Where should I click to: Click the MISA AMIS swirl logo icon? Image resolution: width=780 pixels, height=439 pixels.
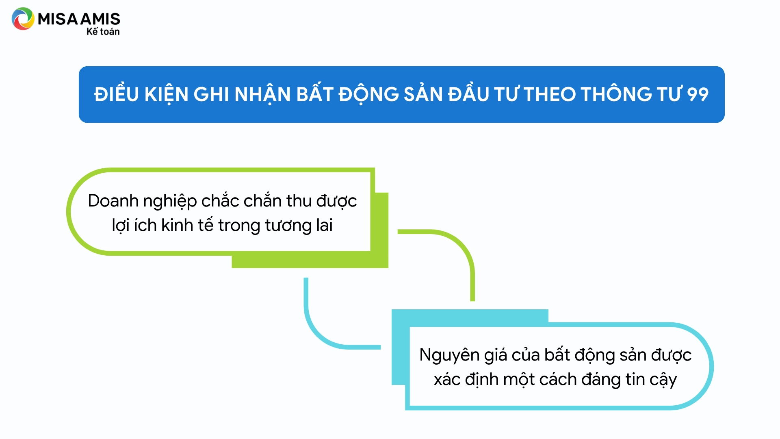point(23,19)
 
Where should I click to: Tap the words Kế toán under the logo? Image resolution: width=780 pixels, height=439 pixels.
point(103,32)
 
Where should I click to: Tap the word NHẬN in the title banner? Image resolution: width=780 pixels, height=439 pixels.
point(262,94)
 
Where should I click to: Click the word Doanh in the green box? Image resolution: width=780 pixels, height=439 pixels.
point(113,201)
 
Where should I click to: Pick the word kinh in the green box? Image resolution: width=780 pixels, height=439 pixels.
point(177,225)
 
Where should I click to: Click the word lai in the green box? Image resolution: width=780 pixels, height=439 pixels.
point(324,225)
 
